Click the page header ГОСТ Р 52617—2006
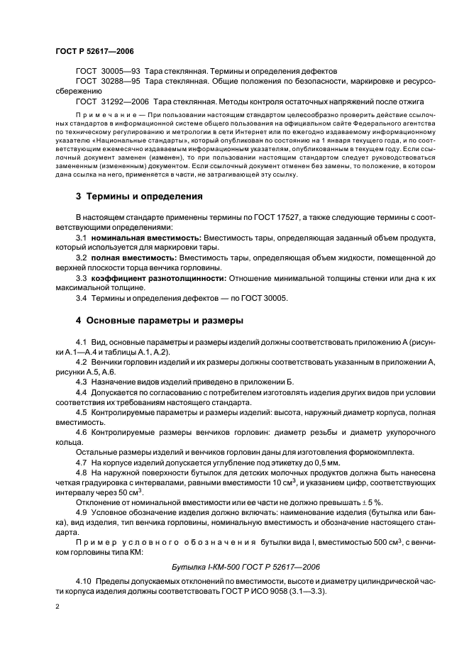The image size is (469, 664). [94, 52]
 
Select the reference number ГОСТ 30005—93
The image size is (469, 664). [107, 72]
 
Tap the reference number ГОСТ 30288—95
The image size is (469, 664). [107, 82]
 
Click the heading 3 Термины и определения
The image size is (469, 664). [138, 196]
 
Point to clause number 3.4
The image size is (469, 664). [81, 299]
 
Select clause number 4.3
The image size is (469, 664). [81, 381]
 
